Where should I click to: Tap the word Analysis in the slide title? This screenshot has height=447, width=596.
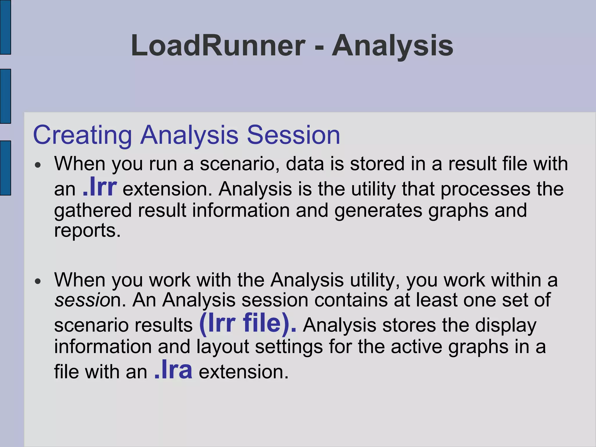pos(393,46)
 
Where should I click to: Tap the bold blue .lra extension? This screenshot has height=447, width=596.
pos(173,370)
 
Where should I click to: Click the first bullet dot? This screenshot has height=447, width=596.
pos(38,165)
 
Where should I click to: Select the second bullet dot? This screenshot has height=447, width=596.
pos(38,281)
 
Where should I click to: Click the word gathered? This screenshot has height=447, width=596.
pos(93,210)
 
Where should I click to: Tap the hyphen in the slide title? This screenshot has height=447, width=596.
pos(319,47)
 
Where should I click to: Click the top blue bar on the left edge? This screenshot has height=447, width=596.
pos(5,27)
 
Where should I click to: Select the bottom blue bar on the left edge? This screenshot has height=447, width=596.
pos(5,168)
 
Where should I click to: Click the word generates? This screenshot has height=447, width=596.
pos(378,210)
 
